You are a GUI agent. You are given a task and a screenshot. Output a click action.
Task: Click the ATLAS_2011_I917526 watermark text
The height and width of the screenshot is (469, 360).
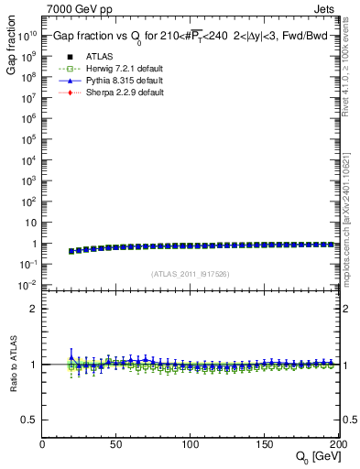(x=191, y=273)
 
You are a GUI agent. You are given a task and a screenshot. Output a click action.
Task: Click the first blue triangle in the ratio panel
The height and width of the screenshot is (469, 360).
(x=71, y=357)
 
